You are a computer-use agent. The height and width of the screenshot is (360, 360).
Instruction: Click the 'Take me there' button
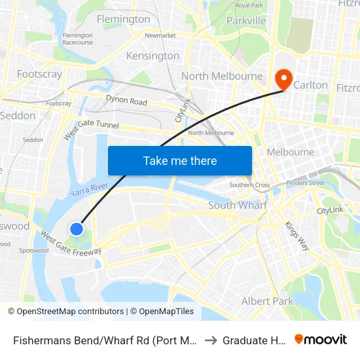coord(180,160)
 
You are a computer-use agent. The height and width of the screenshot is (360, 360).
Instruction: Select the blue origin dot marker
coord(77,228)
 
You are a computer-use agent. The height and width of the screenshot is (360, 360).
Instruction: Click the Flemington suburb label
coord(123,19)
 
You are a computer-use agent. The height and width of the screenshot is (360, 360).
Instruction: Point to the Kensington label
coord(153,56)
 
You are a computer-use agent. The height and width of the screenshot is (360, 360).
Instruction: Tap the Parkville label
coord(245,21)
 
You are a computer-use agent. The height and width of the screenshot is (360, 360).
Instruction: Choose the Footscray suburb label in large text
coord(39,74)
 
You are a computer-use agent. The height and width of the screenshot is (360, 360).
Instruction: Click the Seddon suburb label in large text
coord(18,115)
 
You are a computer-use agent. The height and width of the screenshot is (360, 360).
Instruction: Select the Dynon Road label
coord(126,101)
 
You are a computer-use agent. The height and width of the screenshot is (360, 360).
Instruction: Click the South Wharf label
coord(238,205)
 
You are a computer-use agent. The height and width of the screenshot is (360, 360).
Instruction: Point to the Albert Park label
coord(267,301)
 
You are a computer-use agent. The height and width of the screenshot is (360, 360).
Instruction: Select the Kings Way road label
coord(297,236)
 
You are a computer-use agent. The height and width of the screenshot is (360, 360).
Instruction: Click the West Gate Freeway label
coord(71,243)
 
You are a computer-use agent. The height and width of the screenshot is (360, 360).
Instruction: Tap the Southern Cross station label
coord(249,185)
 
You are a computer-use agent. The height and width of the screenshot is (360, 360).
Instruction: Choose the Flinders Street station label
coord(306,183)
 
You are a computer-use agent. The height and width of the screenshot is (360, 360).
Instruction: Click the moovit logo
coord(321,339)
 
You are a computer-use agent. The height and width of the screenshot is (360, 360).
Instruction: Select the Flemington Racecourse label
coord(78,39)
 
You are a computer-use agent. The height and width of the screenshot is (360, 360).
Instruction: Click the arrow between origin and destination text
coord(211,340)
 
